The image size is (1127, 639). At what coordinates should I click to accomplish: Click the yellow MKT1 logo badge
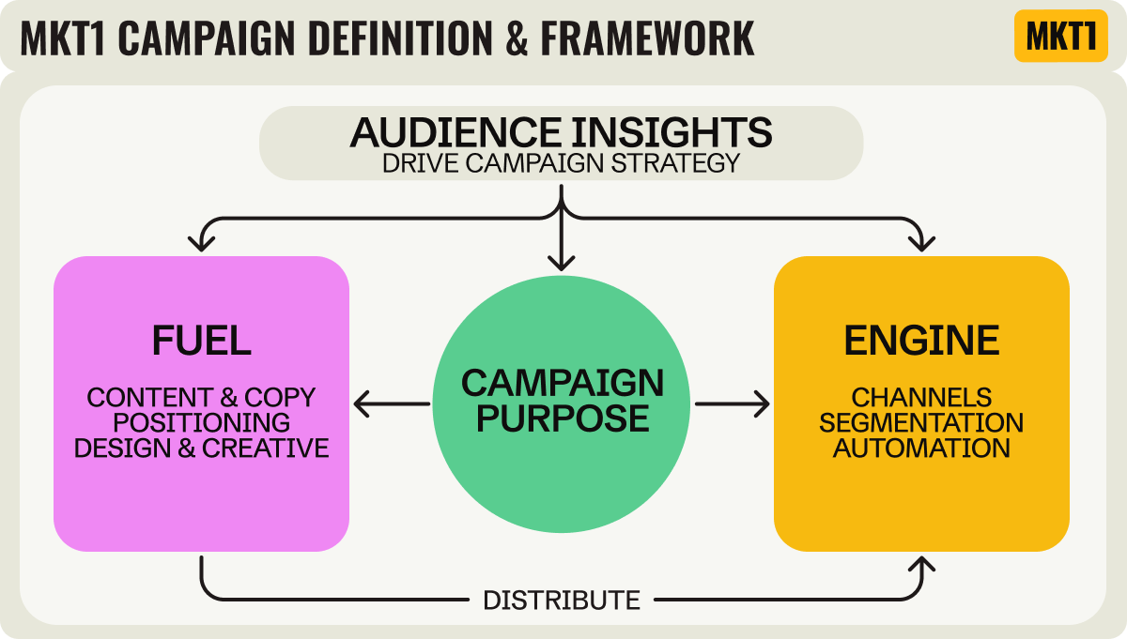coord(1060,37)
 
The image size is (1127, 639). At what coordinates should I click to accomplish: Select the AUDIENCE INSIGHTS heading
coord(561,132)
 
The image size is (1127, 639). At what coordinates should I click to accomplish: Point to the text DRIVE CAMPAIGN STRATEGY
coord(561,162)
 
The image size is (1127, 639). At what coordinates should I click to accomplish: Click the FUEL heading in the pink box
coord(201,341)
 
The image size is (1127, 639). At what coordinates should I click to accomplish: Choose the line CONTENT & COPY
coord(201,397)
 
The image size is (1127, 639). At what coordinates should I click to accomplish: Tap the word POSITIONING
coord(201,422)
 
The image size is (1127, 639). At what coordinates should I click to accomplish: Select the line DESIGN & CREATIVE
coord(201,448)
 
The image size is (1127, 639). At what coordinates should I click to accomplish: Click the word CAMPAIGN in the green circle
coord(562,383)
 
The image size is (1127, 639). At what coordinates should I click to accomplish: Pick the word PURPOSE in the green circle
coord(562,418)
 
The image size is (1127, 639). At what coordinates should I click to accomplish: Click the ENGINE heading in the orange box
coord(921,341)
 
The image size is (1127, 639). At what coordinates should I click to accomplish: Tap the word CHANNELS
coord(921,397)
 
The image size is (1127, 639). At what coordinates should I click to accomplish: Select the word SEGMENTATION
coord(921,422)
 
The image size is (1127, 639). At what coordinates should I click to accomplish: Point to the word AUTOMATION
coord(921,448)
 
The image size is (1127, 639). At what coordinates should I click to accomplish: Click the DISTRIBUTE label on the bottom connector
coord(562,600)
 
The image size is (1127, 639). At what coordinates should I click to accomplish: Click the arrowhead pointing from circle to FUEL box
coord(363,405)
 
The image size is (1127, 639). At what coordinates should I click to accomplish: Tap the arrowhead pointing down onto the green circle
coord(562,263)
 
